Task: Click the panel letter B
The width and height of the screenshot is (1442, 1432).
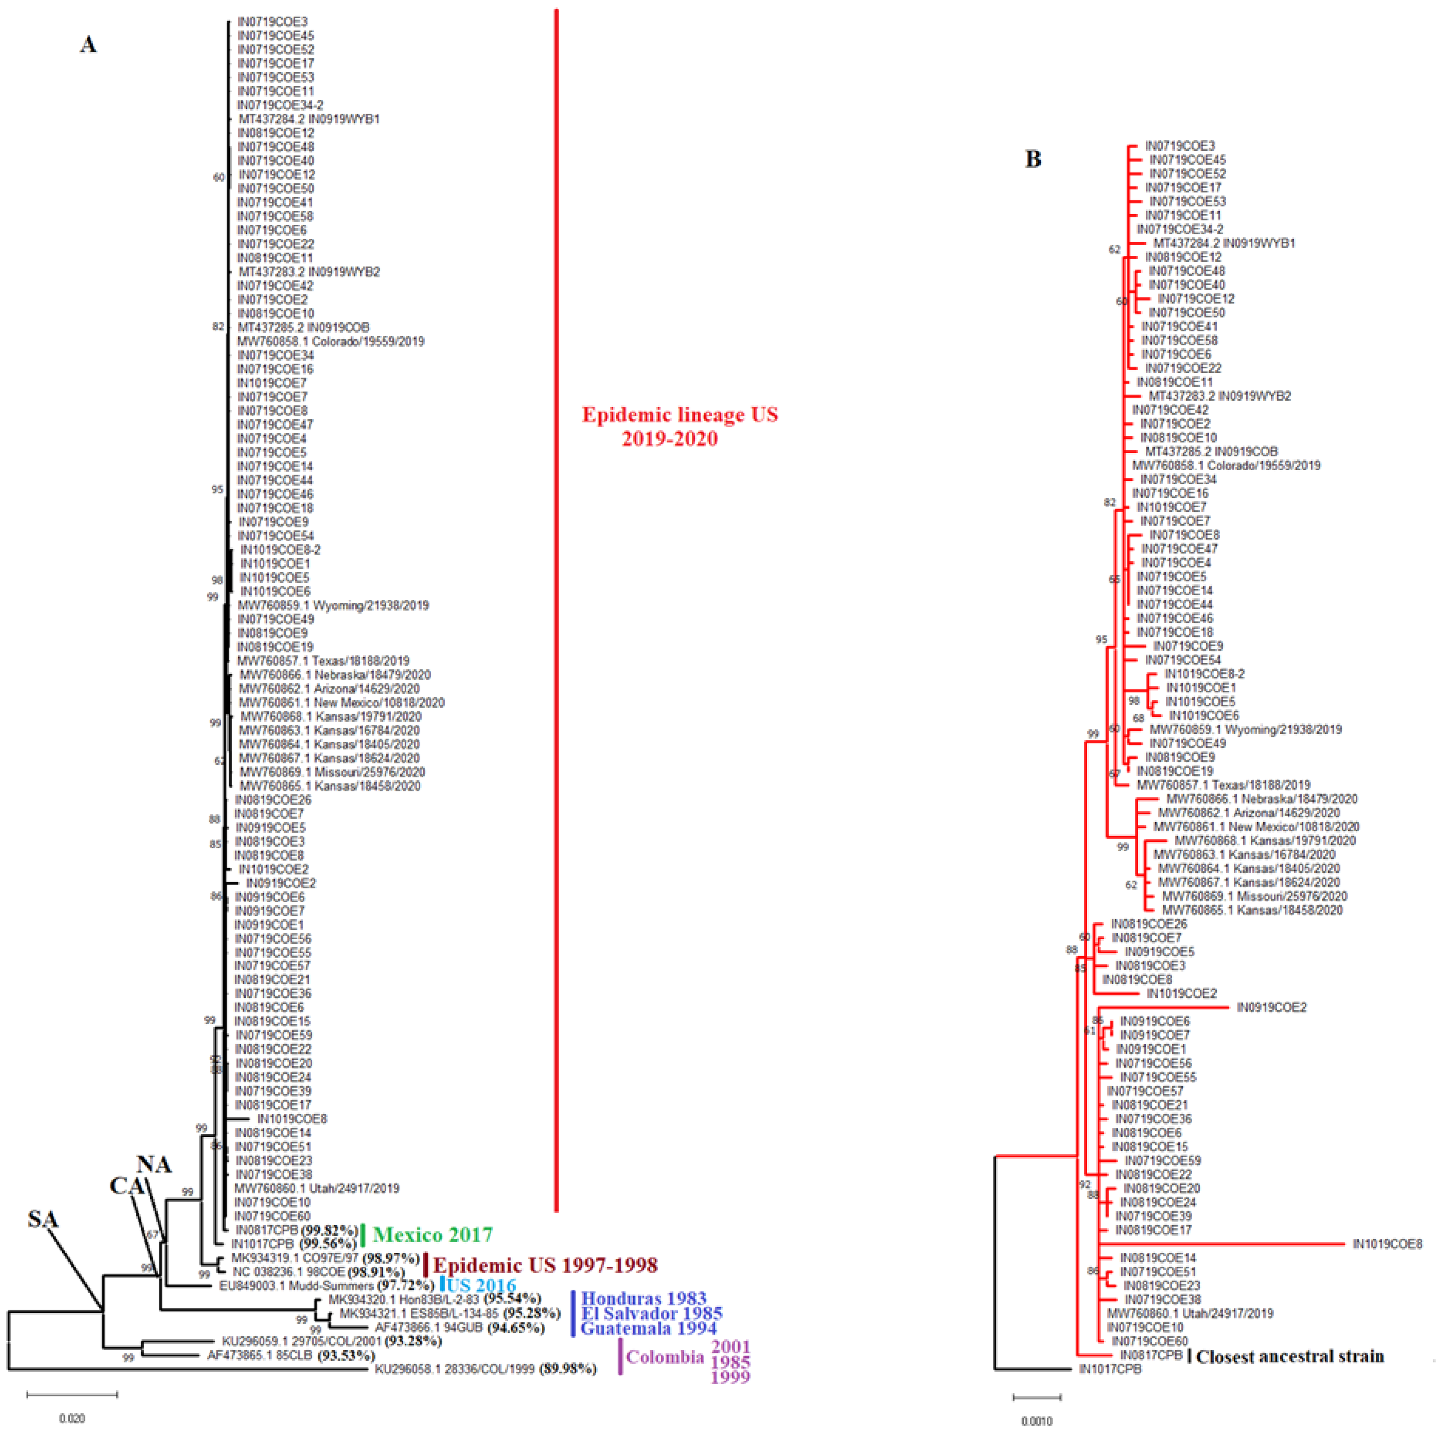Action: [1033, 159]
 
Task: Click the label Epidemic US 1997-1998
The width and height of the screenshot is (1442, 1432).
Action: [546, 1265]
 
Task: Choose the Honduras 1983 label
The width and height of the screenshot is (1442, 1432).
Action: [643, 1299]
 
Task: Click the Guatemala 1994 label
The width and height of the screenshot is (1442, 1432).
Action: [648, 1328]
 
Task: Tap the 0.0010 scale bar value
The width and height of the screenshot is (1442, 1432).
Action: [1037, 1421]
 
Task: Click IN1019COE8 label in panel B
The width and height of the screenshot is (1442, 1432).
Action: [1388, 1244]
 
